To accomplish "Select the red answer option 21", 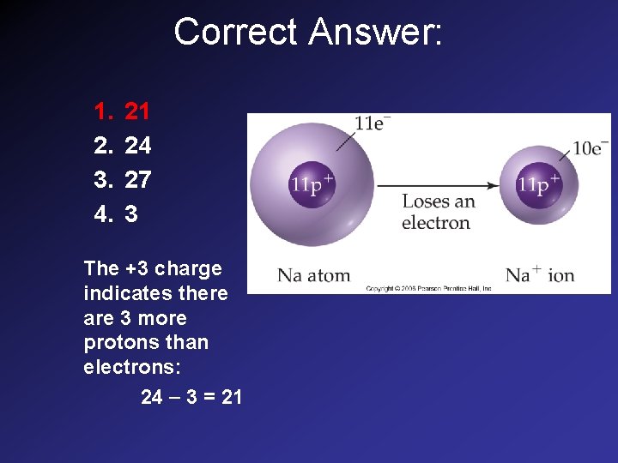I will [137, 111].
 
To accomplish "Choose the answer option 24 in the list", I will [137, 146].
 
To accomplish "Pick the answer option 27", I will [137, 180].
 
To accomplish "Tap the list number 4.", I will [103, 213].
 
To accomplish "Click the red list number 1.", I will [103, 111].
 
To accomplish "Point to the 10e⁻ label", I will [590, 147].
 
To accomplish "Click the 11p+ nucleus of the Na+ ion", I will [538, 184].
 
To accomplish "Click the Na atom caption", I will [313, 275].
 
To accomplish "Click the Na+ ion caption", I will [539, 275].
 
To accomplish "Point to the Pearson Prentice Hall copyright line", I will [428, 288].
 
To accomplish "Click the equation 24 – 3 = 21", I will [191, 398].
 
